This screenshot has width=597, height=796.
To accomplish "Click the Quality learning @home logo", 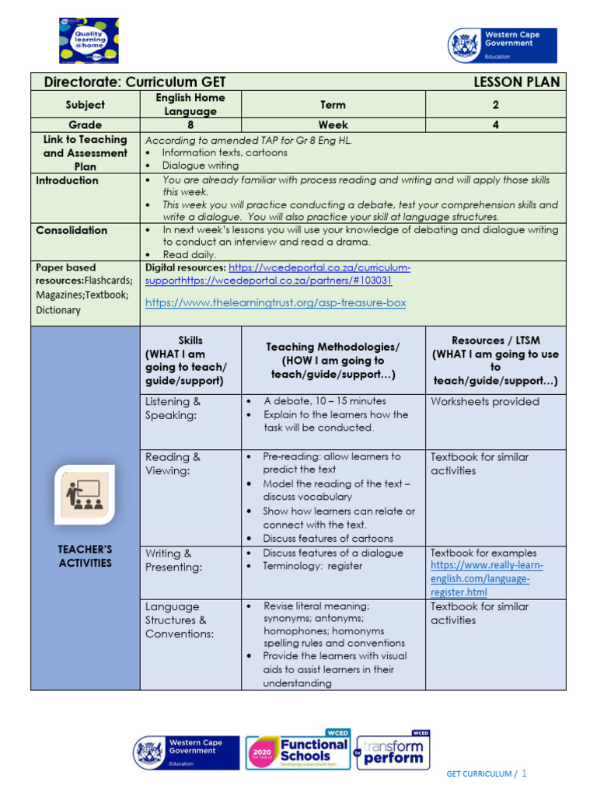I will tap(89, 40).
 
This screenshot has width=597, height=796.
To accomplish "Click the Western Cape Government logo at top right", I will tap(502, 45).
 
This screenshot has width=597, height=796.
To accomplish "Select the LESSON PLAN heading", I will tap(515, 82).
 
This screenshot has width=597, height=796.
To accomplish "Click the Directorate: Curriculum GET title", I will tap(135, 82).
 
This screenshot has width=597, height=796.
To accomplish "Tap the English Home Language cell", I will tap(190, 104).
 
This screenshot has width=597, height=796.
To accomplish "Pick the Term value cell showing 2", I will tap(495, 105).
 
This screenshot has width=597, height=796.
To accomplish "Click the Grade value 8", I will tap(190, 124).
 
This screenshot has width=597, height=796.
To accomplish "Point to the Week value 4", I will tap(495, 124).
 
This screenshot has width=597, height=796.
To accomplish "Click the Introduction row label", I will tap(68, 180).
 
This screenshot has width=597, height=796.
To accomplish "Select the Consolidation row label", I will tap(72, 230).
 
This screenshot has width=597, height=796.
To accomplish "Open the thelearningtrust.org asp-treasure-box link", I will tap(275, 302).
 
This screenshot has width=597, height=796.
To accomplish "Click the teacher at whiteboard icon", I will tap(86, 494).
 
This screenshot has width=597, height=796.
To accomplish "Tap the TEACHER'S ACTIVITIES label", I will tap(86, 556).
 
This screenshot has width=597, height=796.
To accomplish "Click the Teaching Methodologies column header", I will tap(333, 361).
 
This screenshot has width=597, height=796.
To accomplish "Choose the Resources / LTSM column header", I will tap(495, 361).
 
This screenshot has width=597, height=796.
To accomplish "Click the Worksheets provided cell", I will tap(484, 402).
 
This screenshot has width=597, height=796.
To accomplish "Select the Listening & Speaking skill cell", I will tap(173, 408).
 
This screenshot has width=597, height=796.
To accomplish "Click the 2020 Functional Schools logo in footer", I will tap(298, 752).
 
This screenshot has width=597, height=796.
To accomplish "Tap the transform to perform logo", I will tap(393, 752).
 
